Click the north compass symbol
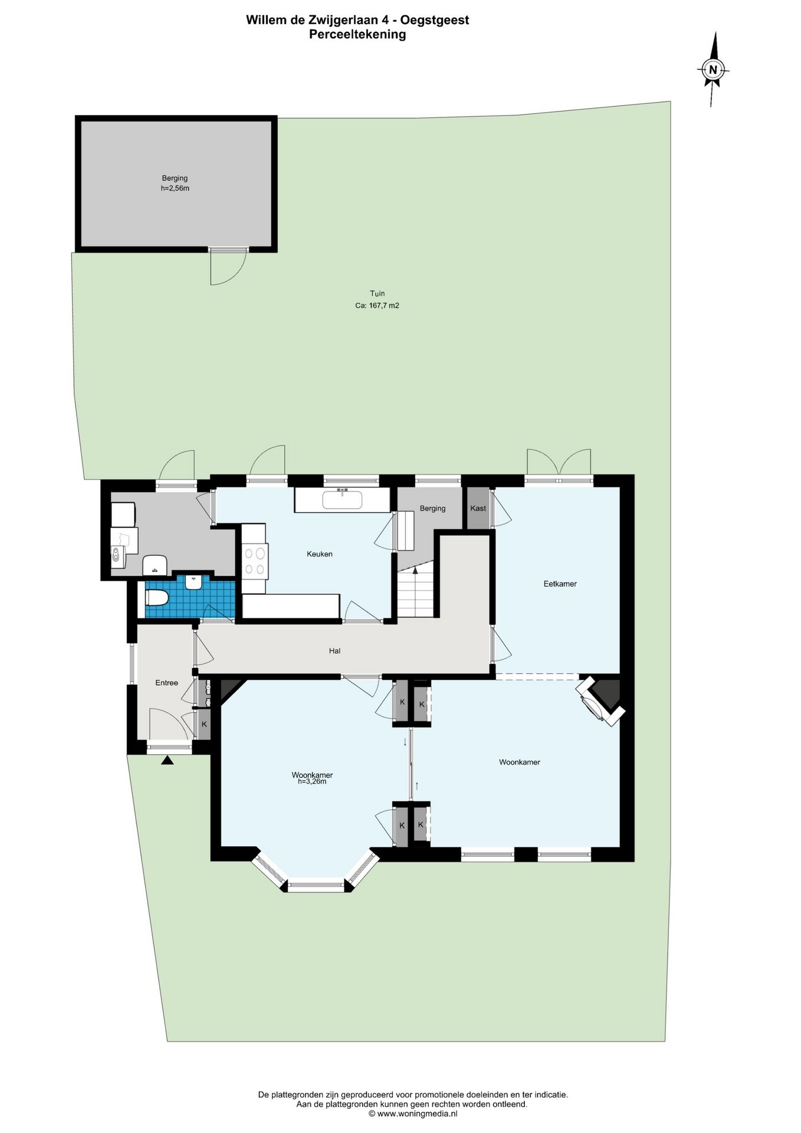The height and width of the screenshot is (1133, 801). [713, 69]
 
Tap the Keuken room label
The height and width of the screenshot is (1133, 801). [320, 554]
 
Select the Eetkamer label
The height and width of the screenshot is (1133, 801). [560, 584]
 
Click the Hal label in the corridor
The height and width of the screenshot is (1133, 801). [335, 651]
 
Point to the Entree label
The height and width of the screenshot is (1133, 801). [166, 683]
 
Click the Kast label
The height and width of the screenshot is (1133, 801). [478, 508]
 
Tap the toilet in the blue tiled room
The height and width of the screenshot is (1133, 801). [157, 598]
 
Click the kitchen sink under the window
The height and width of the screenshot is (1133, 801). [342, 500]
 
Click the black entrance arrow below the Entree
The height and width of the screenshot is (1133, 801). [168, 761]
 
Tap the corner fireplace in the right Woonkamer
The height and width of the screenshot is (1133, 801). [600, 700]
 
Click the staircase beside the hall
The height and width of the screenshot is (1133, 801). [416, 590]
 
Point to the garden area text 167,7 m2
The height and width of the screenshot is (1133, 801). [377, 306]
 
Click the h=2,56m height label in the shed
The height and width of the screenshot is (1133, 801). [175, 188]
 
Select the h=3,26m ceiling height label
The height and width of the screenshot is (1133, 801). [312, 782]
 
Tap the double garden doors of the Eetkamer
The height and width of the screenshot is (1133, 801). [559, 462]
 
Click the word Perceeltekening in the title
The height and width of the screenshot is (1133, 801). [357, 34]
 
